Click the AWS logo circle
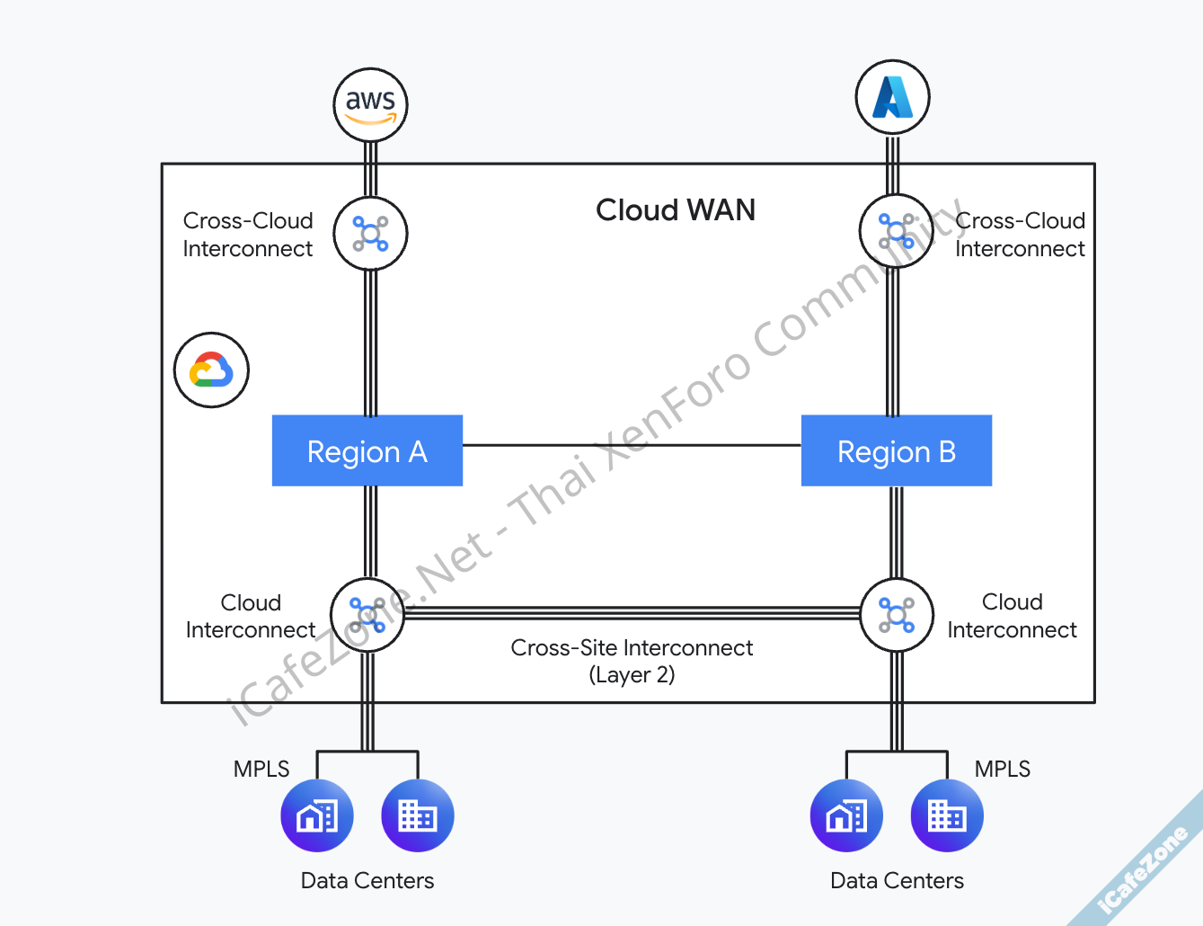coord(370,104)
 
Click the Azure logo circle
coord(892,97)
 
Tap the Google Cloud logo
coord(211,370)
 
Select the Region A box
coord(367,450)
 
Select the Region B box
coord(897,450)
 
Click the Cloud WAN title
coord(676,210)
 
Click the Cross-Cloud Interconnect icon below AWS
coord(370,234)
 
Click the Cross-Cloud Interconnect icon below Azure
coord(896,231)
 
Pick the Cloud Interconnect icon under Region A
coord(367,615)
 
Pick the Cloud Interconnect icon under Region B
coord(897,615)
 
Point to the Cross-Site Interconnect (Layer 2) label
coord(632,661)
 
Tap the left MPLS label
coord(261,769)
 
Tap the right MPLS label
coord(1003,769)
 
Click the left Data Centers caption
coord(367,880)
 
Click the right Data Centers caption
coord(897,880)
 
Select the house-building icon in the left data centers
coord(317,815)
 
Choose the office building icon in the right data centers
coord(947,815)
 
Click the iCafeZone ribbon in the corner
coord(1146,868)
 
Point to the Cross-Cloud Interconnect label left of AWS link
coord(248,235)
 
